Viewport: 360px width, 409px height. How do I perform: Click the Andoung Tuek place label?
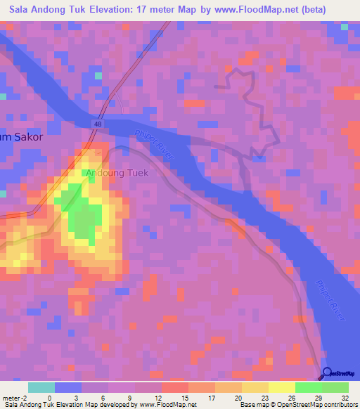tap(117, 173)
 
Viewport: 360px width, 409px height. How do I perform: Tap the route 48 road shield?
tap(96, 123)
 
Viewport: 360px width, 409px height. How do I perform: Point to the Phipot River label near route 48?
tap(153, 141)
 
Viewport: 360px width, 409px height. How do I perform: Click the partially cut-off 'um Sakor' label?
tap(21, 138)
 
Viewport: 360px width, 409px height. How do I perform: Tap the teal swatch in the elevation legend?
tap(41, 387)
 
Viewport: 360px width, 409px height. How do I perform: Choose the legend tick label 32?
tap(345, 398)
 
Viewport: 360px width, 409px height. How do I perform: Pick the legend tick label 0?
tap(49, 398)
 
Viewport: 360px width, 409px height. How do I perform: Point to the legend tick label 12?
tap(157, 398)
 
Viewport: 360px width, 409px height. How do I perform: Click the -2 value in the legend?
tap(25, 398)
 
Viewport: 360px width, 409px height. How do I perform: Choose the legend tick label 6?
tap(104, 398)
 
